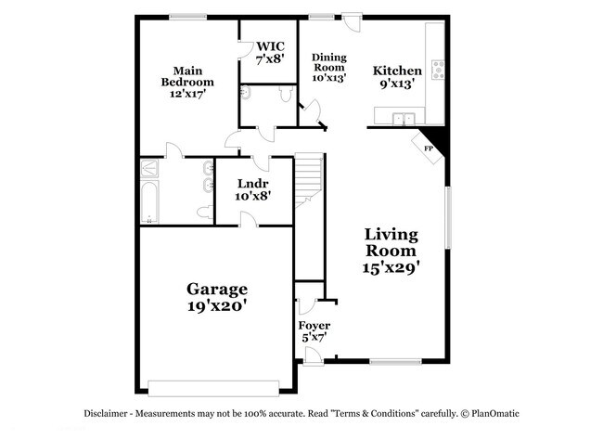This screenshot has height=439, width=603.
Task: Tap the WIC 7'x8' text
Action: pos(271,52)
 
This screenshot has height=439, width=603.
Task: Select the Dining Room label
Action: pos(327,68)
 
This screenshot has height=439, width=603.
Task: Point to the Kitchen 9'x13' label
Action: pos(397,76)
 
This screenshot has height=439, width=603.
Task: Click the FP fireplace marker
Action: pos(429,148)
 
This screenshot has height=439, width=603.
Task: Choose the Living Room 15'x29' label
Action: pos(391,251)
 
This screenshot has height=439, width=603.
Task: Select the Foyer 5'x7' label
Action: pos(314,332)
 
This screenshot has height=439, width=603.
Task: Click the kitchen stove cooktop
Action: pos(436,69)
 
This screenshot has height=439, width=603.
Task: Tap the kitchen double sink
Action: pos(403,118)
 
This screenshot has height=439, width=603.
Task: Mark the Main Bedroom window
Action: pos(186,15)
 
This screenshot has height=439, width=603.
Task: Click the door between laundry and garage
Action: pos(249,220)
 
